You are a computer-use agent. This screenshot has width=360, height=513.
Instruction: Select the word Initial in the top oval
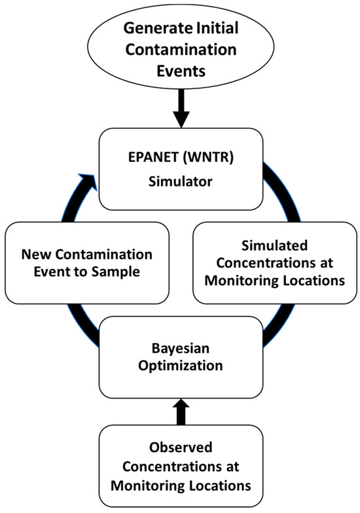(209, 29)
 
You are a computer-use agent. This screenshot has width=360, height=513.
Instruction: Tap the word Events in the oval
(181, 70)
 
